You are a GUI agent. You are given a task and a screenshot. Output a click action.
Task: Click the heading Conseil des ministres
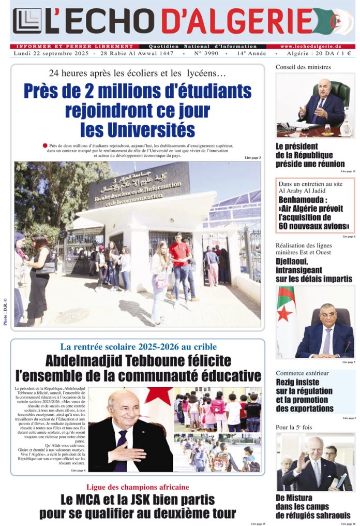pyautogui.click(x=303, y=67)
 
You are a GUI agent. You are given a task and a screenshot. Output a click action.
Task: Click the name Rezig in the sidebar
pyautogui.click(x=288, y=382)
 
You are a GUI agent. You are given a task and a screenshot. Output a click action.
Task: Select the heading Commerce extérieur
pyautogui.click(x=302, y=373)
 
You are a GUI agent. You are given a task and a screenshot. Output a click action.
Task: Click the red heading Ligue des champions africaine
pyautogui.click(x=138, y=487)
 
